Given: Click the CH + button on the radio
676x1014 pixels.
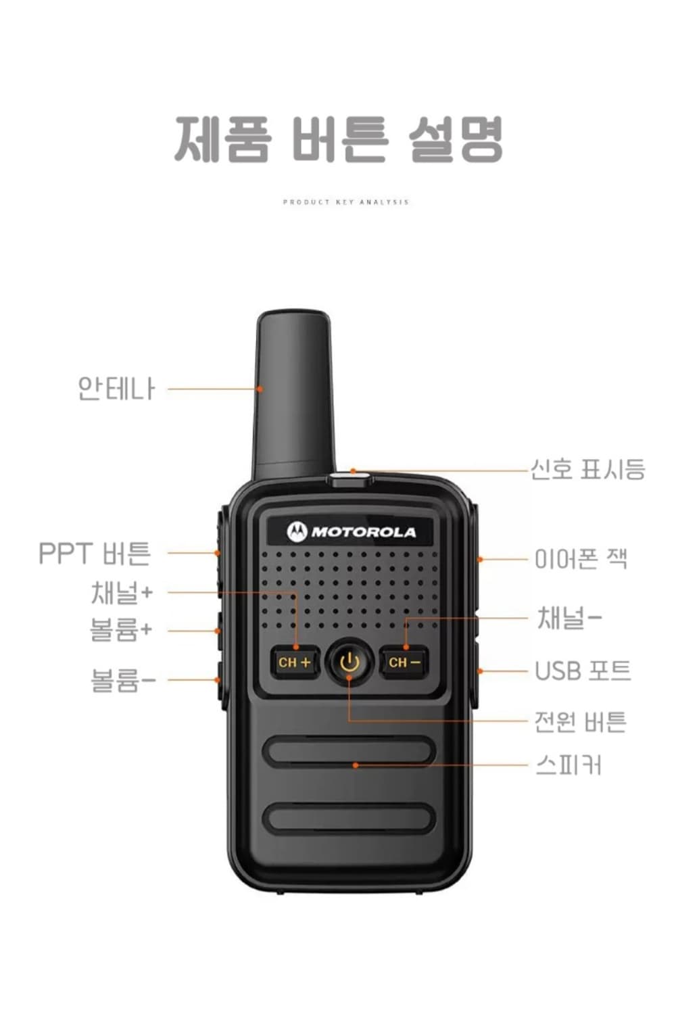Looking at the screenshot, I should click(x=295, y=662).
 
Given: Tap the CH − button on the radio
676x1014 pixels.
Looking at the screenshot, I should click(x=404, y=662).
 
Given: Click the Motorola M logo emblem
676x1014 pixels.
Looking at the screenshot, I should click(x=297, y=532).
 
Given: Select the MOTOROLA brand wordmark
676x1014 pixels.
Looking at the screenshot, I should click(x=364, y=533).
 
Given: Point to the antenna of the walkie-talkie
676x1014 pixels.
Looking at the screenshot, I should click(x=294, y=392).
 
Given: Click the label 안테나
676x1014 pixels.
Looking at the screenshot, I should click(x=116, y=389).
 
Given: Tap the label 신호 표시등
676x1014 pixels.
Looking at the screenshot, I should click(x=587, y=468).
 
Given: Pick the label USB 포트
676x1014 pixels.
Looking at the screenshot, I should click(x=583, y=671).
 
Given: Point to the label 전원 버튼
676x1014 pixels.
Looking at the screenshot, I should click(x=580, y=721).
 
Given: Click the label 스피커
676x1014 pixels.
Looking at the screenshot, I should click(x=568, y=765).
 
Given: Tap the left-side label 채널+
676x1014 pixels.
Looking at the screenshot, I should click(x=122, y=592).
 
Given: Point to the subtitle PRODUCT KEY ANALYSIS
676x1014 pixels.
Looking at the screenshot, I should click(x=346, y=202).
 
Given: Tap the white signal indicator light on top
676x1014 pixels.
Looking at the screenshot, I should click(x=350, y=480).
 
